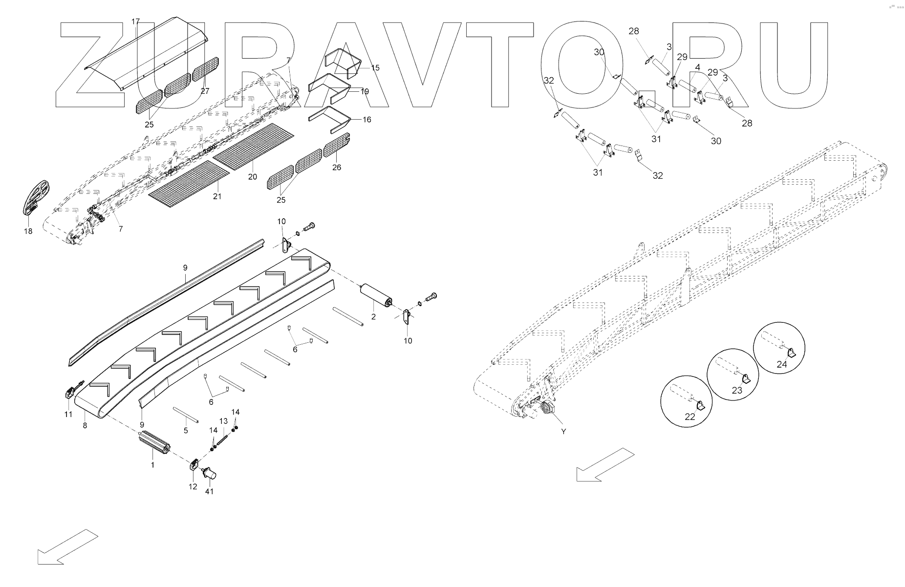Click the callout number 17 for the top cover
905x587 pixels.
click(135, 21)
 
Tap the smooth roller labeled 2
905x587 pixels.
click(375, 296)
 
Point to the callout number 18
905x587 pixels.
click(28, 231)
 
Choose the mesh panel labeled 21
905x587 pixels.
click(189, 182)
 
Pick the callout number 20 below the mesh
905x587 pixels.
click(252, 177)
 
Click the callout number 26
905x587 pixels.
click(337, 167)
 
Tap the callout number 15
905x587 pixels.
click(375, 68)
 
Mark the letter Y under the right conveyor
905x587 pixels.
click(563, 432)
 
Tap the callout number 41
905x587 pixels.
click(209, 491)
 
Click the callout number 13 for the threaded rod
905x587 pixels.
click(223, 421)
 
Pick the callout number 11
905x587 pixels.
click(68, 414)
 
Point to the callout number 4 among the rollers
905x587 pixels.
click(697, 67)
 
